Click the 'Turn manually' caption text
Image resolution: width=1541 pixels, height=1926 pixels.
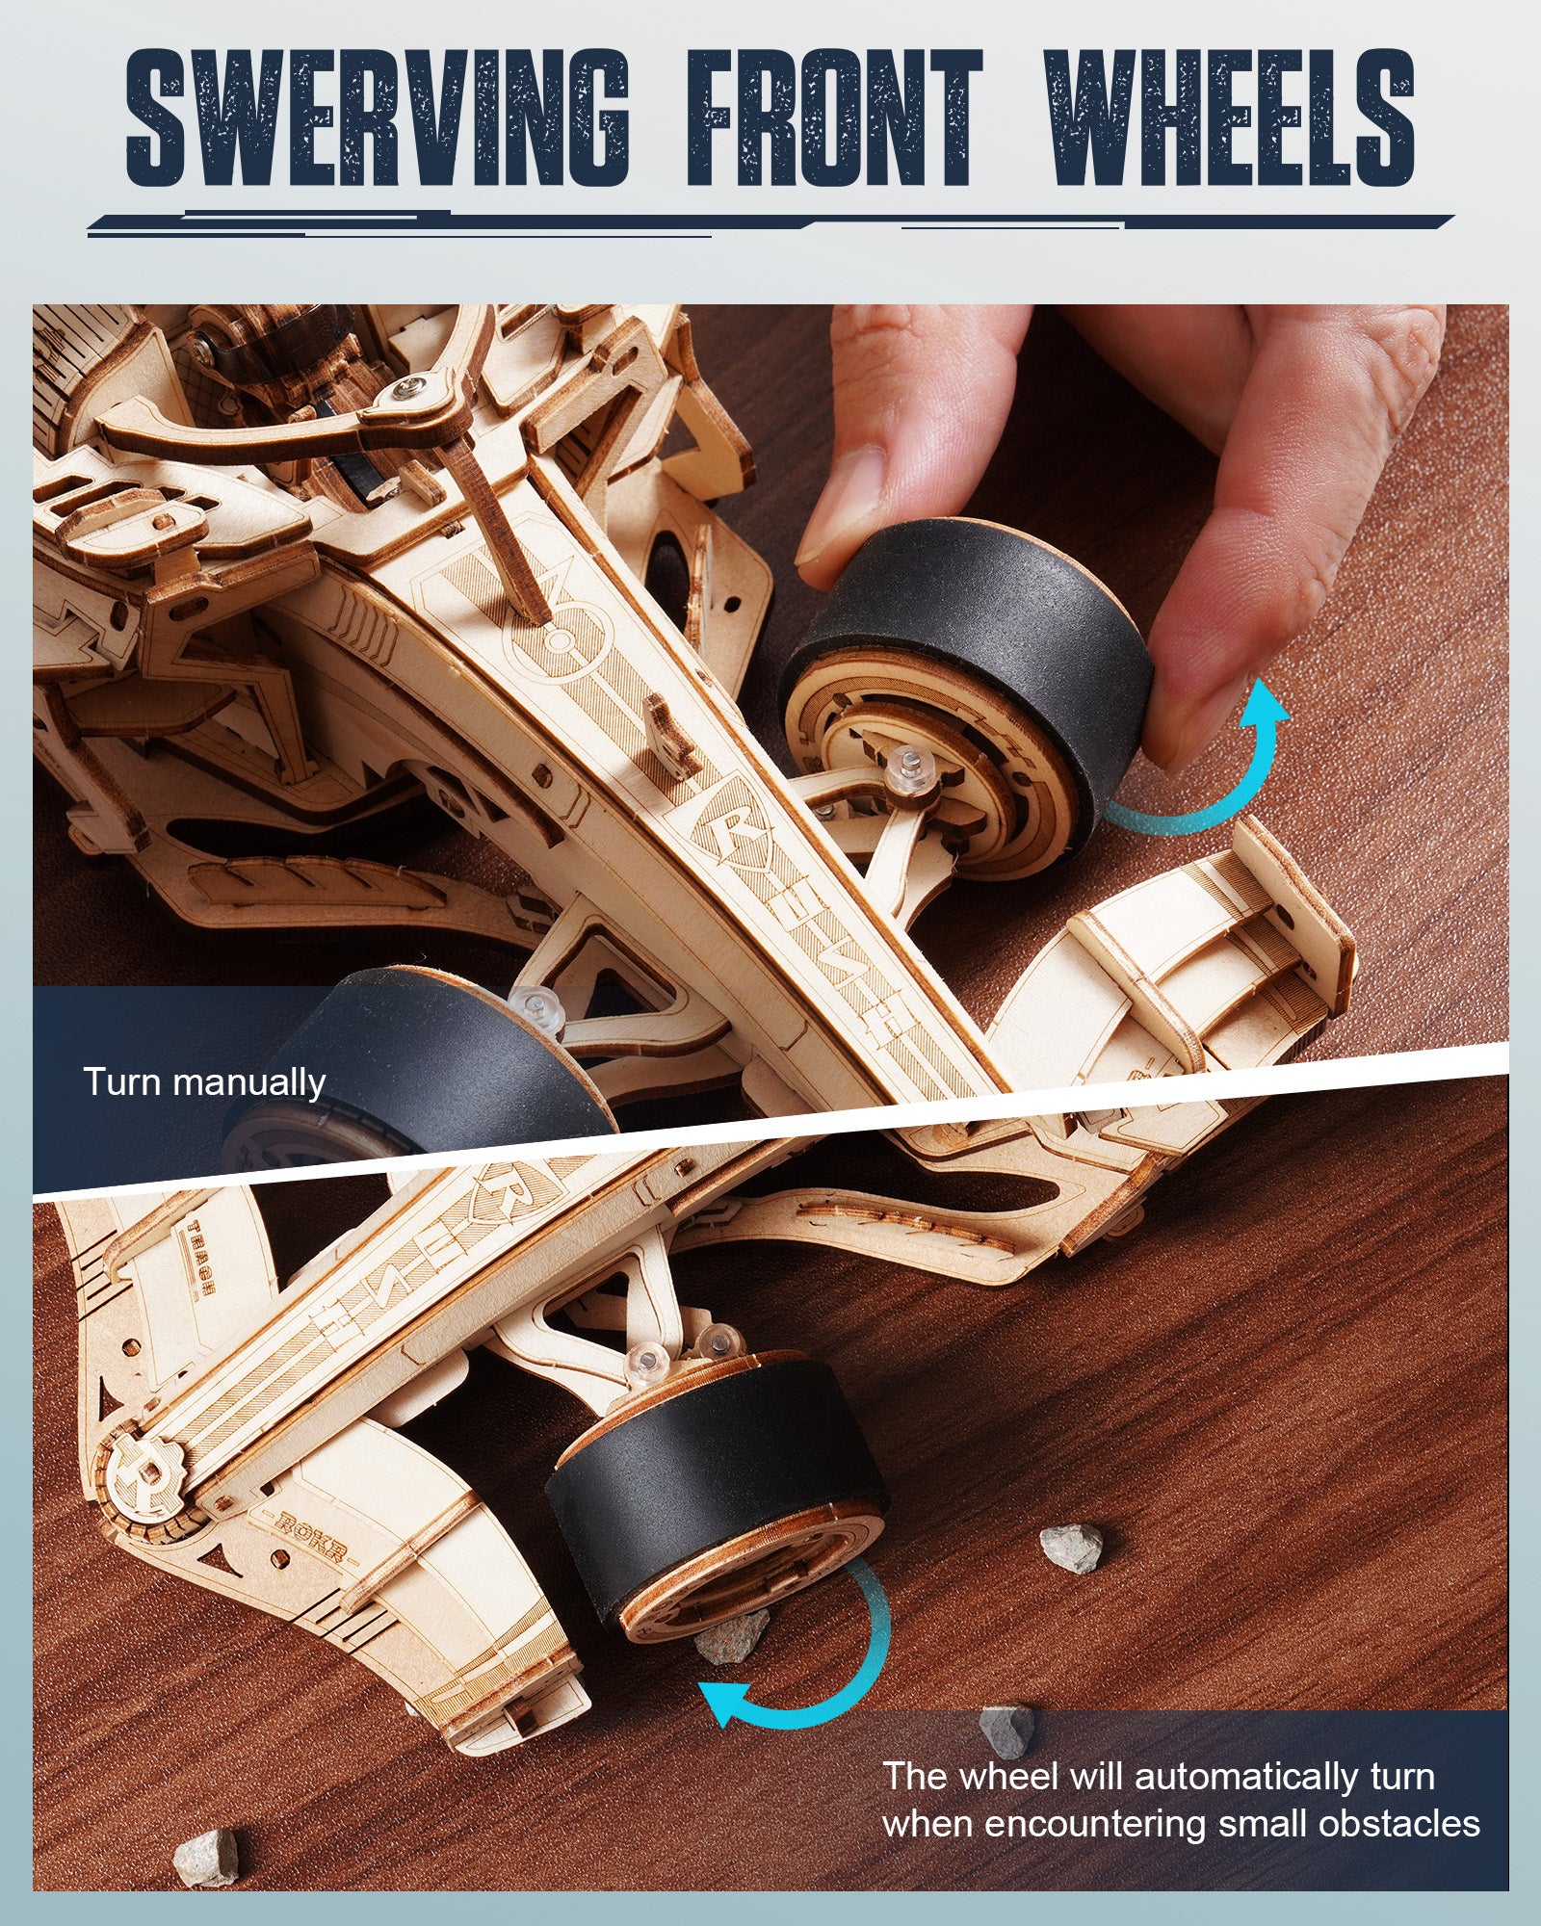coord(204,1082)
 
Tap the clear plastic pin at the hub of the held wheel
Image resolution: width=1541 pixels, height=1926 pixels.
coord(904,770)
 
